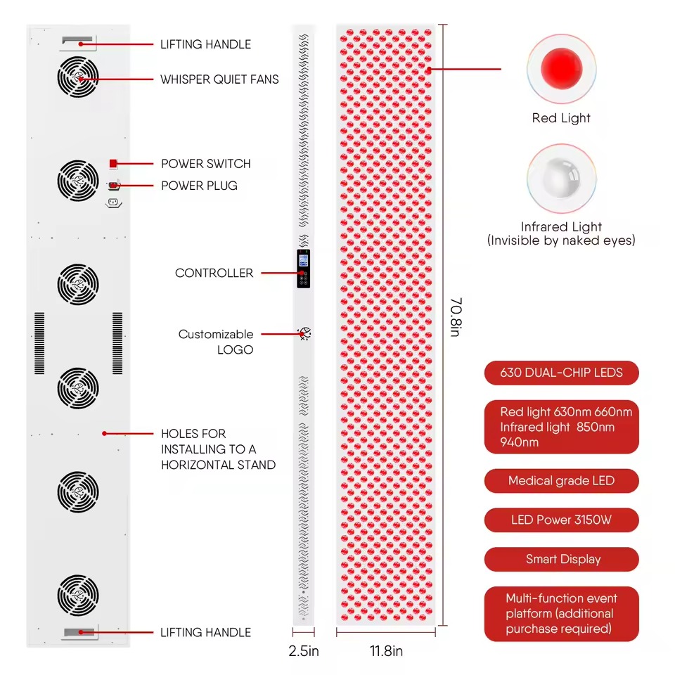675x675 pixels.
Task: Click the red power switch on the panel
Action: pos(112,164)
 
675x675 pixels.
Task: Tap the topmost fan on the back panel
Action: pos(78,77)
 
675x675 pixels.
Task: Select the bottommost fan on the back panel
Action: pos(78,596)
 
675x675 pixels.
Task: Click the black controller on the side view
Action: pos(304,269)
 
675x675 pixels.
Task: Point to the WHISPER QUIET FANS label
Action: pos(219,79)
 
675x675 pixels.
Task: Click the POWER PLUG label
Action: pos(199,186)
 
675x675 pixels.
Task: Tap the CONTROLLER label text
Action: pos(214,273)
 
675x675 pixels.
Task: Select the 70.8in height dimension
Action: pos(456,317)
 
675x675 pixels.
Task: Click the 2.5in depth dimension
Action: pos(304,651)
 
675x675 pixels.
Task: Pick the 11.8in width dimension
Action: pos(386,651)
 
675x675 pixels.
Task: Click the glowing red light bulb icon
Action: pos(561,69)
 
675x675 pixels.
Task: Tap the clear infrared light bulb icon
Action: pos(561,178)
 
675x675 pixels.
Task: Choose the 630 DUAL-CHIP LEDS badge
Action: pos(561,373)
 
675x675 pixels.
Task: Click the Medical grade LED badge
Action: pos(561,481)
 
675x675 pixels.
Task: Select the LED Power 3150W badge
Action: pos(561,520)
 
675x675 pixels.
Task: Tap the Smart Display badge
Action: pos(561,559)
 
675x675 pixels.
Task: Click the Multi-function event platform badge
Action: pos(561,614)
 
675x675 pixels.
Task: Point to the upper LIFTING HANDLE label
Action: pos(205,44)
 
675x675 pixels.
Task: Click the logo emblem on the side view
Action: pos(304,333)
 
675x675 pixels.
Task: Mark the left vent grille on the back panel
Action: pos(39,343)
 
